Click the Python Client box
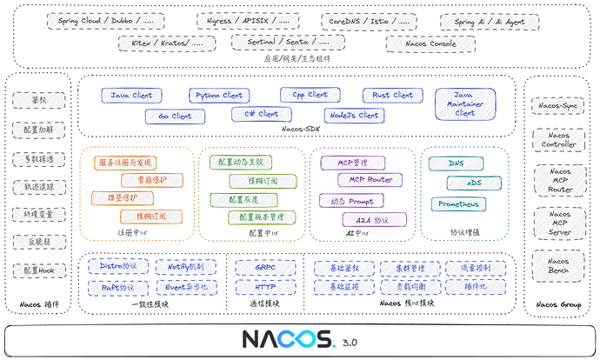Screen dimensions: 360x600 pyautogui.click(x=220, y=96)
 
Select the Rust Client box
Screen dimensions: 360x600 pyautogui.click(x=391, y=96)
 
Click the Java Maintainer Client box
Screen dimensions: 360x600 pyautogui.click(x=465, y=103)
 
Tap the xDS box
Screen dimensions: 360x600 pyautogui.click(x=474, y=183)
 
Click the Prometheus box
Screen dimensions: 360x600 pyautogui.click(x=458, y=204)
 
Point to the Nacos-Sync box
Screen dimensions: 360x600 pyautogui.click(x=557, y=106)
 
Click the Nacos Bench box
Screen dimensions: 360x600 pyautogui.click(x=557, y=263)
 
